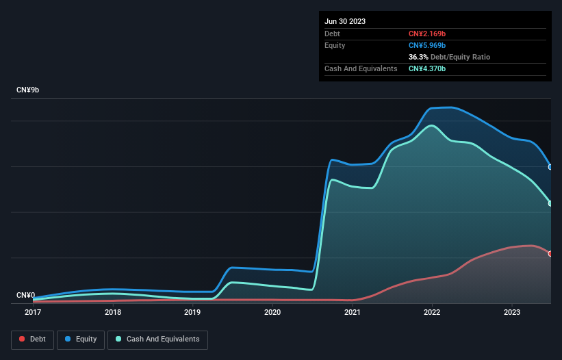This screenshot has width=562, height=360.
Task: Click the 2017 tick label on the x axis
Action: pos(33,312)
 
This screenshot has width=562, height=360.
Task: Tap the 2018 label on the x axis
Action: pos(113,312)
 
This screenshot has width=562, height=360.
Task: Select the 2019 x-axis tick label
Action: pos(192,312)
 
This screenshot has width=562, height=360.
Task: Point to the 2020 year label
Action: pos(272,312)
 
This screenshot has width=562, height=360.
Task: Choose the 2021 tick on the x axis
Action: pos(353,312)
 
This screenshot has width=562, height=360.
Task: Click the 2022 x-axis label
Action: pos(432,312)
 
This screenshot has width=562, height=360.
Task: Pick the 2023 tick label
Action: pos(512,312)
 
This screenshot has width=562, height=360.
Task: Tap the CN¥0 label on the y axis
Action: pos(26,296)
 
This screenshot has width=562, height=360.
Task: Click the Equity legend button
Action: pos(81,339)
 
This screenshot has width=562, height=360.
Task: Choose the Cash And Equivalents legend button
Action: pos(157,339)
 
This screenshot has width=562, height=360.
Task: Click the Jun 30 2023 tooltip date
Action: pos(345,21)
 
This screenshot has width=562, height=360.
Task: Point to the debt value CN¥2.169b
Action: pos(428,34)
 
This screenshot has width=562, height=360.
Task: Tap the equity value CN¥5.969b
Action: pos(428,45)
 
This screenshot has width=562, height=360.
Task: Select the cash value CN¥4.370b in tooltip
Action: pos(428,68)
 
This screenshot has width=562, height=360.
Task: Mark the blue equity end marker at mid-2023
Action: pos(550,167)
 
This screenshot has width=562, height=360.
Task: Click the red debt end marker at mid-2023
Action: pos(550,254)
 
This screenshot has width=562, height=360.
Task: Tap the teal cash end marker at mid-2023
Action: pos(550,203)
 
